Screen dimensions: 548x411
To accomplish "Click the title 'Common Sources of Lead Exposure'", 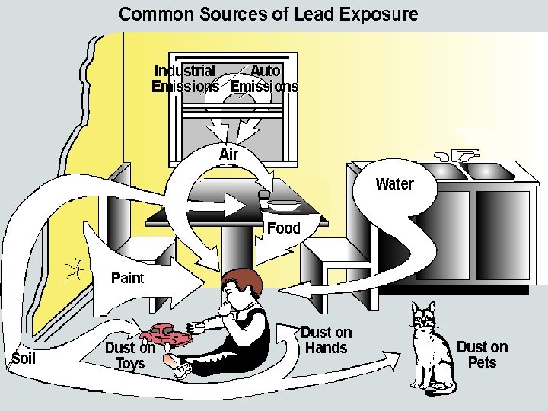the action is [268, 14].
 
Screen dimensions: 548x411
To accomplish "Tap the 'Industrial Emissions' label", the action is [185, 78].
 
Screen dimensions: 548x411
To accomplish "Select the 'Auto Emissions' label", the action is [265, 78].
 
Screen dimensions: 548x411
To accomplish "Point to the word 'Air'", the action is [228, 155].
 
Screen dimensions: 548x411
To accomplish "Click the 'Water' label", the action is [394, 183].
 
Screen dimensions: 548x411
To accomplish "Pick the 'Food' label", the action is [283, 228].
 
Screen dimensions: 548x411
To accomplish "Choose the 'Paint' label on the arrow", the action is [127, 277].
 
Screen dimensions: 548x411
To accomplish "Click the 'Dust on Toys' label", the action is [130, 355].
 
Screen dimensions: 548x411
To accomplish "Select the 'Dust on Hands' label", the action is [326, 340].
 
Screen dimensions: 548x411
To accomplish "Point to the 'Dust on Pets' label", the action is [482, 355].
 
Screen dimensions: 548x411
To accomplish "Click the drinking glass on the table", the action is [263, 199].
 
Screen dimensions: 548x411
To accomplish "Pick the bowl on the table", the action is [284, 204].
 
